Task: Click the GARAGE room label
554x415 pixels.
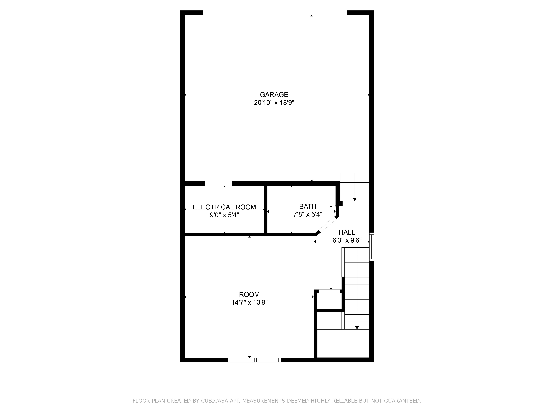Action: tap(274, 95)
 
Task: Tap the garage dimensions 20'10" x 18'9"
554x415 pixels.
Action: tap(274, 103)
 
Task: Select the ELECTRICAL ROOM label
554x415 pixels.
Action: tap(224, 207)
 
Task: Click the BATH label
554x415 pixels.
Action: tap(308, 206)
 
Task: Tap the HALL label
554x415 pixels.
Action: tap(347, 232)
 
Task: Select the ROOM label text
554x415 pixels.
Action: tap(249, 294)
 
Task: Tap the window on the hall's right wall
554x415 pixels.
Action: tap(372, 247)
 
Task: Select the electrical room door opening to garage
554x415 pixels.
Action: tap(218, 184)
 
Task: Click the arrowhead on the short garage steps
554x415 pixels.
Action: tap(355, 199)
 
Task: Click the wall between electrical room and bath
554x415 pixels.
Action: tap(266, 210)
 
